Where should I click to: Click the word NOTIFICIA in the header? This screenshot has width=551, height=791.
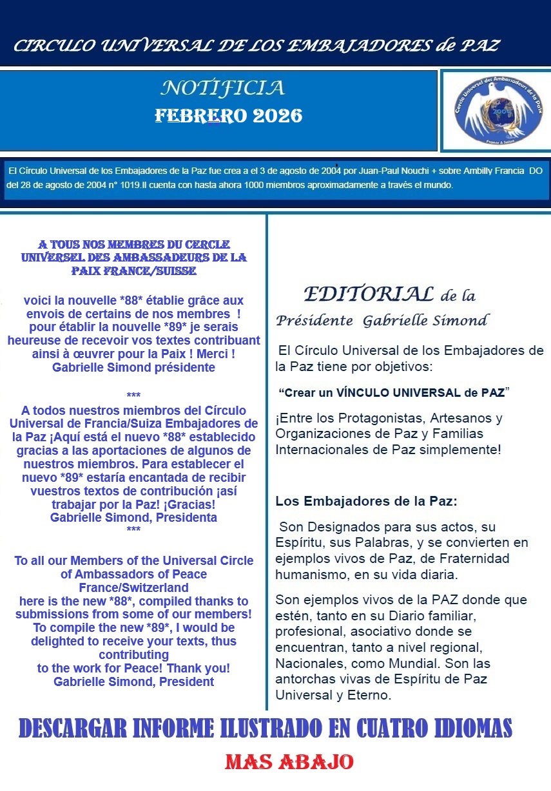222,88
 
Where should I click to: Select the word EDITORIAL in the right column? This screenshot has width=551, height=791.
369,294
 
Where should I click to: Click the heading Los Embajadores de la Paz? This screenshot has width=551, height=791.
366,500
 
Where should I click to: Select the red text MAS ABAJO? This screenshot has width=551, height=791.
289,763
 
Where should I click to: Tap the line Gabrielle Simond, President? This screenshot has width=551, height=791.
134,681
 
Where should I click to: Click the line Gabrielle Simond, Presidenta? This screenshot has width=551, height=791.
134,517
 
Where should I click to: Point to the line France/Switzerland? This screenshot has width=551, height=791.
134,587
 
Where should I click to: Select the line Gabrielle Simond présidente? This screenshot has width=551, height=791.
134,368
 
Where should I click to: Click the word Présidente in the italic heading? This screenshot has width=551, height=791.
314,320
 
